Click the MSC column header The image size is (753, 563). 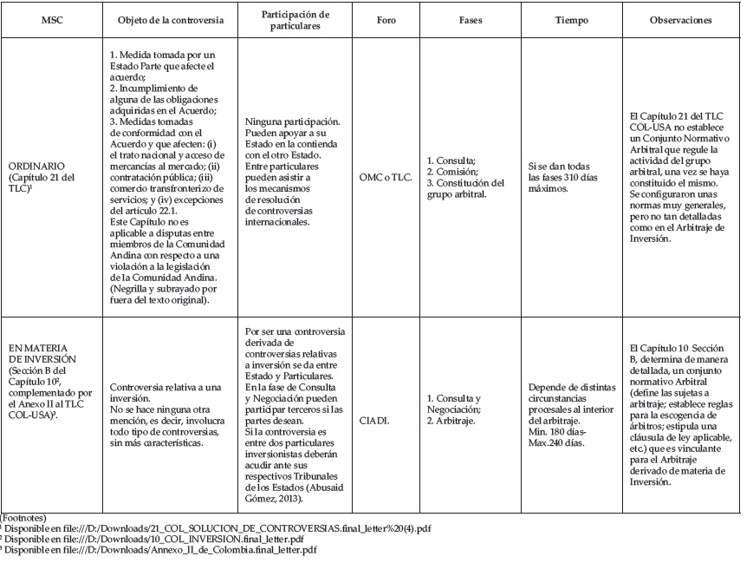pyautogui.click(x=49, y=18)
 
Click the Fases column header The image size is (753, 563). pyautogui.click(x=470, y=18)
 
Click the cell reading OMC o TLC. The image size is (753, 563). pyautogui.click(x=378, y=173)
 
